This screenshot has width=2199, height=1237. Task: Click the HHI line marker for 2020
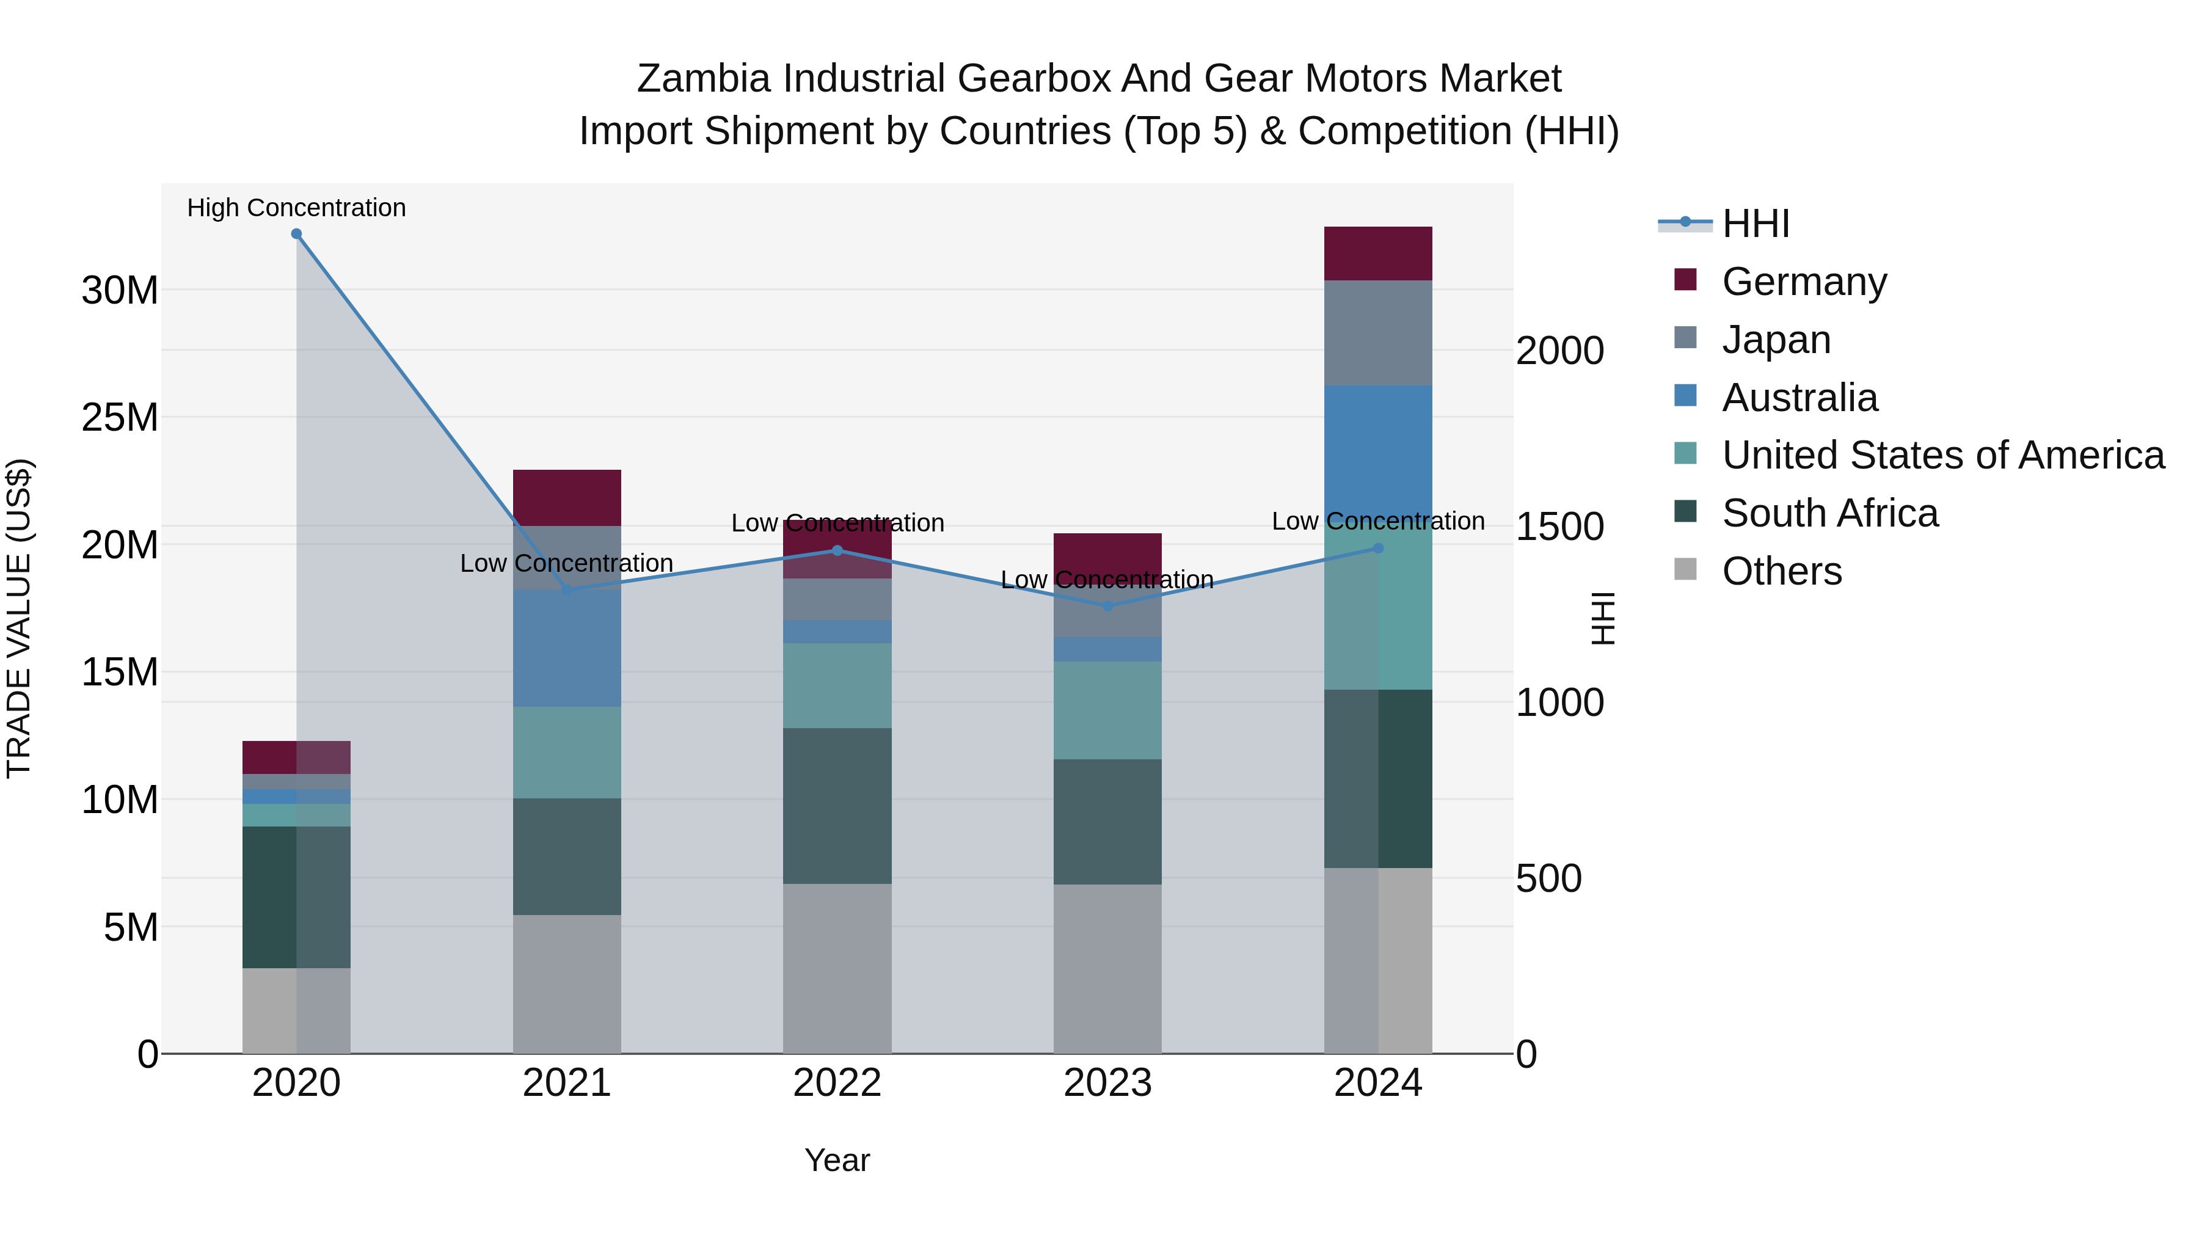pyautogui.click(x=296, y=234)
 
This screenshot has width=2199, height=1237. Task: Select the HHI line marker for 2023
pyautogui.click(x=1107, y=606)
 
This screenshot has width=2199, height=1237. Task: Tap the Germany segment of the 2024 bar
pyautogui.click(x=1378, y=254)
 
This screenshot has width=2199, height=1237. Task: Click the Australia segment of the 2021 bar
pyautogui.click(x=567, y=648)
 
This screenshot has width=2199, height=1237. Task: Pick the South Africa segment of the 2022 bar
pyautogui.click(x=837, y=805)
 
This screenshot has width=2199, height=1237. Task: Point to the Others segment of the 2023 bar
pyautogui.click(x=1107, y=968)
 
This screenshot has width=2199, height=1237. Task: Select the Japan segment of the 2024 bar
pyautogui.click(x=1378, y=333)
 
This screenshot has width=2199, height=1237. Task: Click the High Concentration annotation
pyautogui.click(x=296, y=208)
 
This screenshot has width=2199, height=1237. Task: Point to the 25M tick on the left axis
pyautogui.click(x=120, y=417)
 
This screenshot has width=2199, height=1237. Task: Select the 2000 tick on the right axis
pyautogui.click(x=1559, y=351)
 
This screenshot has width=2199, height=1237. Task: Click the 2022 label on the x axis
pyautogui.click(x=837, y=1083)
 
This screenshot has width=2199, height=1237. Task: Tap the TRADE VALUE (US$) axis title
pyautogui.click(x=19, y=618)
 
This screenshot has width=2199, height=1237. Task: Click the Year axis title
pyautogui.click(x=837, y=1160)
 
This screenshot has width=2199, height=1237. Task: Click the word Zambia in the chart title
pyautogui.click(x=705, y=79)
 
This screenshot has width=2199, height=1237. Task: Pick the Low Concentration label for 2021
pyautogui.click(x=567, y=563)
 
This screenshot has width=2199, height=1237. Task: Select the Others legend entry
pyautogui.click(x=1782, y=571)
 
